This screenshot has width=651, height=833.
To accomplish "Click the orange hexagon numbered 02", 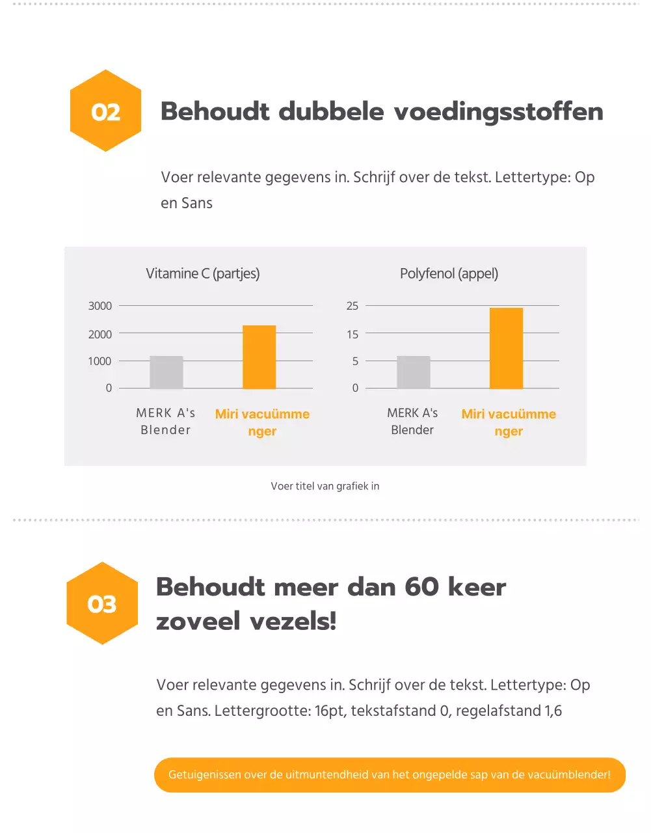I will pos(105,111).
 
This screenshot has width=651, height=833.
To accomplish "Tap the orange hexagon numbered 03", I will pos(102,603).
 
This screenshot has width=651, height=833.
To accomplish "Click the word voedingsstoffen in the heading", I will pos(498,112).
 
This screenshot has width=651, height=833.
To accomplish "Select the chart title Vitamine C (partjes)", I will pos(202,273).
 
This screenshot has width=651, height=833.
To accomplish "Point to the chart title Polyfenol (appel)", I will pos(449,273).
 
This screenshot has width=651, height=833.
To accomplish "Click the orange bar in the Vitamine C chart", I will pos(259,357).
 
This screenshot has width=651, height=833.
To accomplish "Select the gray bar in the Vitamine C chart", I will pos(166,372).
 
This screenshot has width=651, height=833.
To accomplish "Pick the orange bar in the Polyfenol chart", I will pos(506,348).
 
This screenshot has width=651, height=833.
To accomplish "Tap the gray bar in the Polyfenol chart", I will pos(414,372).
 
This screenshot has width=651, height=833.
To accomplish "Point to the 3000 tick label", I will pos(100,306).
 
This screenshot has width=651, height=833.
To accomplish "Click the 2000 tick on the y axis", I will pos(100,334).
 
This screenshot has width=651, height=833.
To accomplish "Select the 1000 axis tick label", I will pos(100,361).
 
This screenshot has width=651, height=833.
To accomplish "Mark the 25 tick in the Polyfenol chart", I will pos(352,306).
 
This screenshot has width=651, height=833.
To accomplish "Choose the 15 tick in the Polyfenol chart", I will pos(352,334).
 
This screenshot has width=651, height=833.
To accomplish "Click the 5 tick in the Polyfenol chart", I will pos(355,361).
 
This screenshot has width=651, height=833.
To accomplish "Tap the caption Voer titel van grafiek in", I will pos(325,486).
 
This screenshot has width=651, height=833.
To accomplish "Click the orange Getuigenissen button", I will pos(390,774).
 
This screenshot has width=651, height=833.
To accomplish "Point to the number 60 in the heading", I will pos(421,587).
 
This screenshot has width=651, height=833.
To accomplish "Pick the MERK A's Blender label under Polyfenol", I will pos(412,421).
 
